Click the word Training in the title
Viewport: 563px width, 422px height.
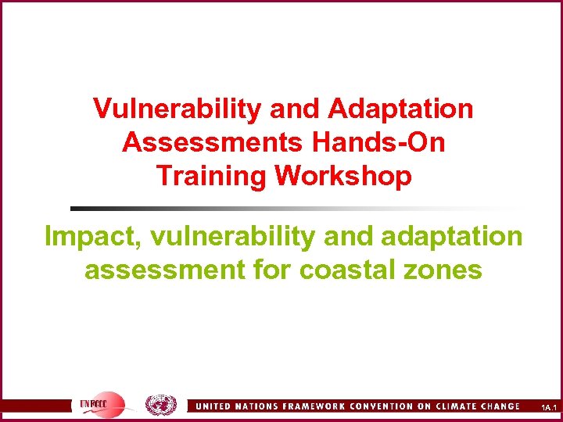tap(211, 176)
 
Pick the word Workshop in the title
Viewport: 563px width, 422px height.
tap(343, 176)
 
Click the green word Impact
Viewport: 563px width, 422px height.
tap(88, 235)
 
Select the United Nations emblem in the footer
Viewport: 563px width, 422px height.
tap(162, 405)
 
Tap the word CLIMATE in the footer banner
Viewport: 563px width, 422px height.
tap(452, 406)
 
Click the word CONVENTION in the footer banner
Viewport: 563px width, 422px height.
tap(378, 406)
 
